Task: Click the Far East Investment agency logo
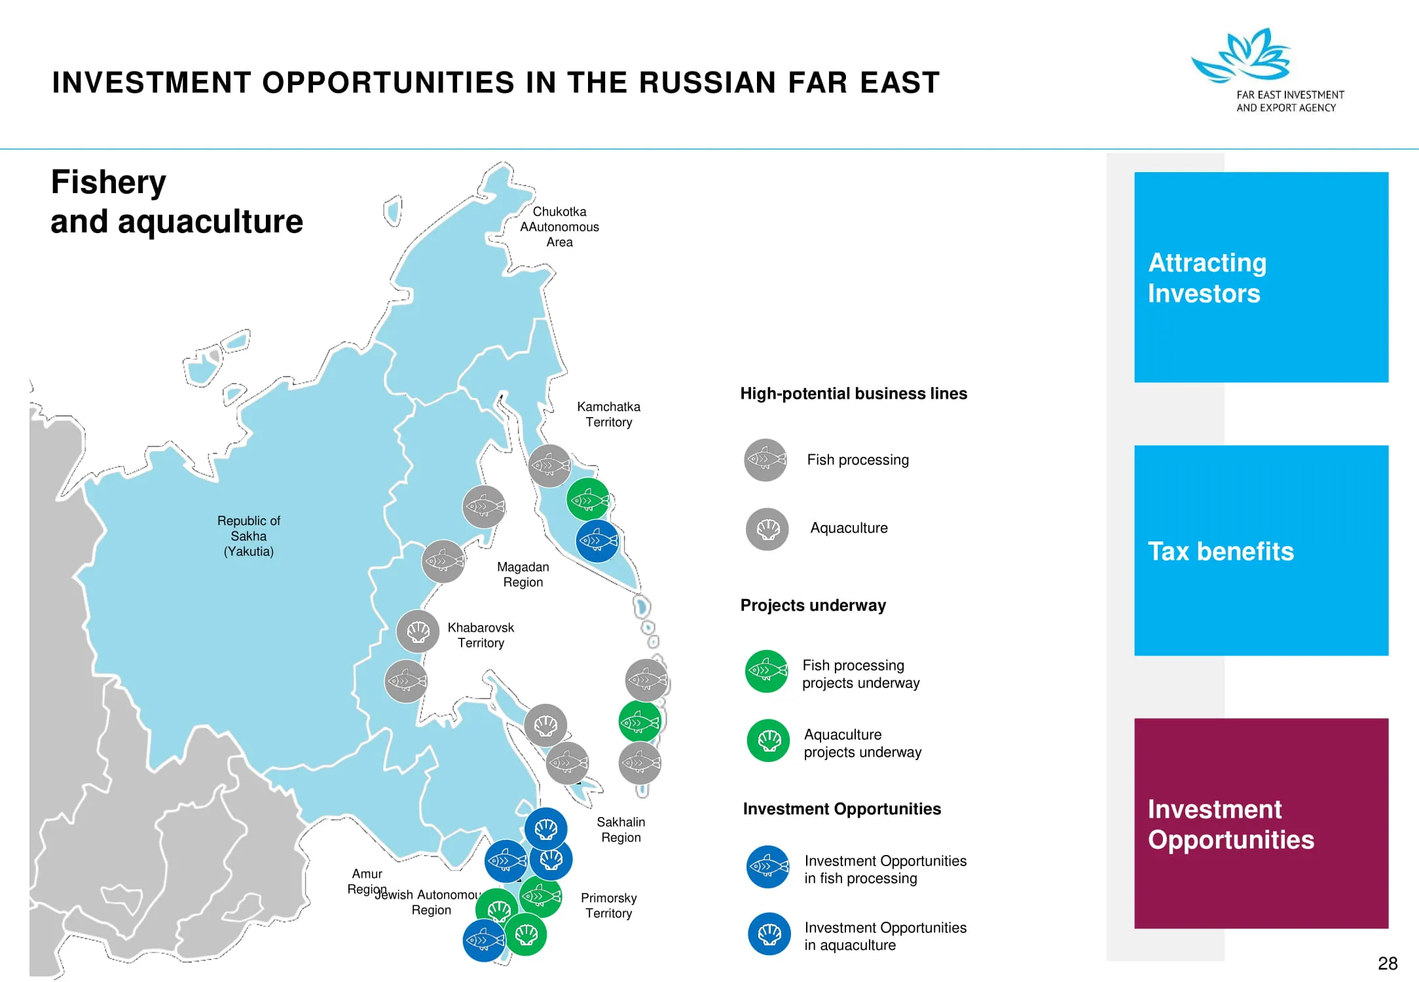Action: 1267,71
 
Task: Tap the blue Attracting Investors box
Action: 1261,277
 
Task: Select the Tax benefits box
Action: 1261,551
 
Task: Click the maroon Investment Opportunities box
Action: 1261,824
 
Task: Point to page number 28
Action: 1388,964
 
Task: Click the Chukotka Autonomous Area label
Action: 559,227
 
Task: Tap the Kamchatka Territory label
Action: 609,414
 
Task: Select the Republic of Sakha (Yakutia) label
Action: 249,536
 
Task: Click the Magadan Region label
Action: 523,574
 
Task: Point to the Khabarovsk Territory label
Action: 481,635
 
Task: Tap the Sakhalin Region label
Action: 621,829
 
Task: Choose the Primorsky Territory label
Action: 609,905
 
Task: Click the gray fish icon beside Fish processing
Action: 765,460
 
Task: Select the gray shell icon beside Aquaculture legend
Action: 767,529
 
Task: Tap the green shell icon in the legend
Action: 769,740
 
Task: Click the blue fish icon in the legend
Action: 768,867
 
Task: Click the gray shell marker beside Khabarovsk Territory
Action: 418,631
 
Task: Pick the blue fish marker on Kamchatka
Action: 597,541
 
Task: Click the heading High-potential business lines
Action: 853,393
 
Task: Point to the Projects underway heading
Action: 813,606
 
